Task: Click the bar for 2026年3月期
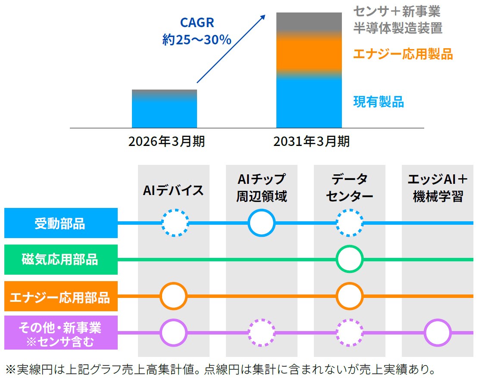(x=164, y=108)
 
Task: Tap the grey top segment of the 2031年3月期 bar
(x=309, y=22)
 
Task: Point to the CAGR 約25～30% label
(x=197, y=31)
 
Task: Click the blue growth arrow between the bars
(x=231, y=49)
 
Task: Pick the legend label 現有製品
(x=379, y=102)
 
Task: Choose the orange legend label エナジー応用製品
(x=403, y=54)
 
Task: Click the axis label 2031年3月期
(x=311, y=142)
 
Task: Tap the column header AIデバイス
(x=173, y=190)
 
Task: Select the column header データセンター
(x=350, y=188)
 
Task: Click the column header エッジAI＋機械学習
(x=438, y=188)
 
